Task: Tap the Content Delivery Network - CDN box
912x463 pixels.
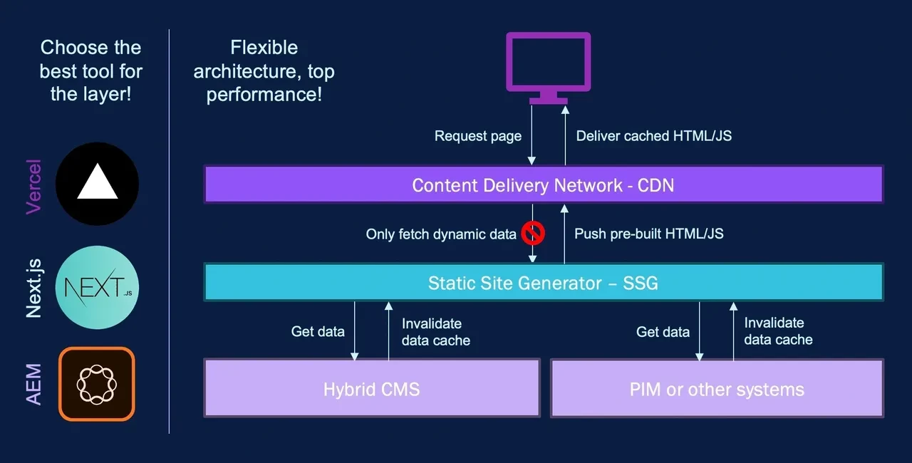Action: (x=543, y=185)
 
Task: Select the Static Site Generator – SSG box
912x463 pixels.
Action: (x=543, y=283)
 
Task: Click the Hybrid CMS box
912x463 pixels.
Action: (x=371, y=389)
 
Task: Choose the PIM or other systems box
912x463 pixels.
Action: (x=717, y=389)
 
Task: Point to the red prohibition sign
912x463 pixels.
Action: (x=532, y=232)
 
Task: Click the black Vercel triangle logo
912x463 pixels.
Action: (x=97, y=184)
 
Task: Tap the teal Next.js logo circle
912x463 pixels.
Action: (x=97, y=287)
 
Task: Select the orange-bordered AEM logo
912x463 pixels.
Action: (x=97, y=384)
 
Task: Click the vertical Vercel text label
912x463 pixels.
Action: (x=33, y=187)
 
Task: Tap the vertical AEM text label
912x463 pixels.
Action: (x=33, y=385)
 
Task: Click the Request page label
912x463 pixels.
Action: (x=478, y=136)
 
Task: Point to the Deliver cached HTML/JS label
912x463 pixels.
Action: (x=653, y=136)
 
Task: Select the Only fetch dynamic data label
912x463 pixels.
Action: (x=441, y=234)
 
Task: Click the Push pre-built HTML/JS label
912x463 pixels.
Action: (x=649, y=234)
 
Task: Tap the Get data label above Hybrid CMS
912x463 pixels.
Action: (x=318, y=331)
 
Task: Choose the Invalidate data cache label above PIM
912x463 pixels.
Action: (x=778, y=331)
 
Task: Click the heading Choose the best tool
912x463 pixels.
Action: (x=91, y=71)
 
